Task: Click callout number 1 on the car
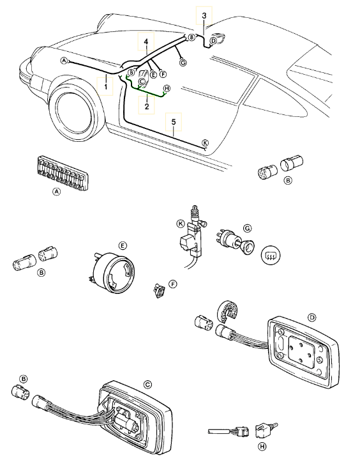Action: (105, 87)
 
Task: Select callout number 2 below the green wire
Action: (146, 106)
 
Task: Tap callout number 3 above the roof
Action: (204, 15)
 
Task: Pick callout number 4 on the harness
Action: (146, 42)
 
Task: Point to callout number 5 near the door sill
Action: (174, 122)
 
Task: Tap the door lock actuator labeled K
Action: (193, 233)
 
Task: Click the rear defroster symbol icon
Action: (271, 254)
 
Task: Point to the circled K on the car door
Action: (205, 142)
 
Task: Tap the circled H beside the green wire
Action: (167, 88)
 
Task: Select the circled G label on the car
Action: (183, 63)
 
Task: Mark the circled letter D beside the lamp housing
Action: (311, 318)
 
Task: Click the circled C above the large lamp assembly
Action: (147, 385)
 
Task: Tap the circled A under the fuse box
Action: (56, 192)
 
